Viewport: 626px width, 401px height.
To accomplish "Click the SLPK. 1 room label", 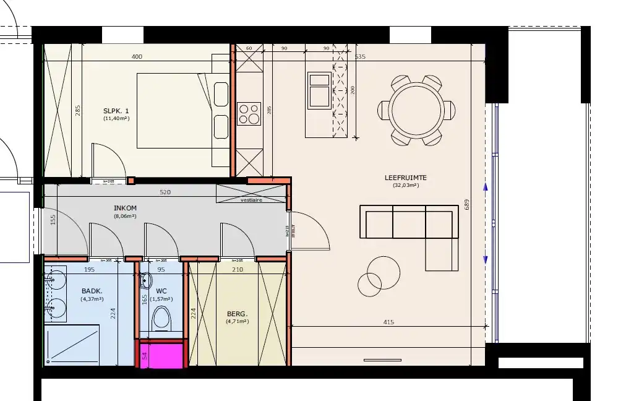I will coord(116,111).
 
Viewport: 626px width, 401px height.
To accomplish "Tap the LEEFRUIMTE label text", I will coord(405,178).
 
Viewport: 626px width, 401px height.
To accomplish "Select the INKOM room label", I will coord(125,209).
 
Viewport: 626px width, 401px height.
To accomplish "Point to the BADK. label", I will coord(92,291).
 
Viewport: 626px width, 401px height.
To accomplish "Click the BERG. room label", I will coord(237,314).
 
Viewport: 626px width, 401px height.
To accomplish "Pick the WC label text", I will coord(161,291).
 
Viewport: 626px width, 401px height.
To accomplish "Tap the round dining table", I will coord(417,110).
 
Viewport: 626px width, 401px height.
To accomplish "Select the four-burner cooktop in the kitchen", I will coord(249,114).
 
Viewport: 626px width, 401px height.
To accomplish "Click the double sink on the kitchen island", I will coord(319,90).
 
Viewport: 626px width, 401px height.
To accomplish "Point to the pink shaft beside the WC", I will coord(162,355).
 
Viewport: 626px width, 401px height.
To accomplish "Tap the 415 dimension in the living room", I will coord(388,322).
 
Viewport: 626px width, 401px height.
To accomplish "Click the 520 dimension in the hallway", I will coord(165,192).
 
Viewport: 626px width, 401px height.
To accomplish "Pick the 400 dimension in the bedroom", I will coord(137,57).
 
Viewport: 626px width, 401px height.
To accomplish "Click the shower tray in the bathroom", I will coord(72,344).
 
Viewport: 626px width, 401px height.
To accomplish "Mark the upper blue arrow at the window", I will coord(485,186).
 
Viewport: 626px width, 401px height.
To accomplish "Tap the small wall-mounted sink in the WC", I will coord(146,280).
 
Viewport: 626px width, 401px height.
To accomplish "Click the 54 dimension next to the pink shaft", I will coord(145,355).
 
